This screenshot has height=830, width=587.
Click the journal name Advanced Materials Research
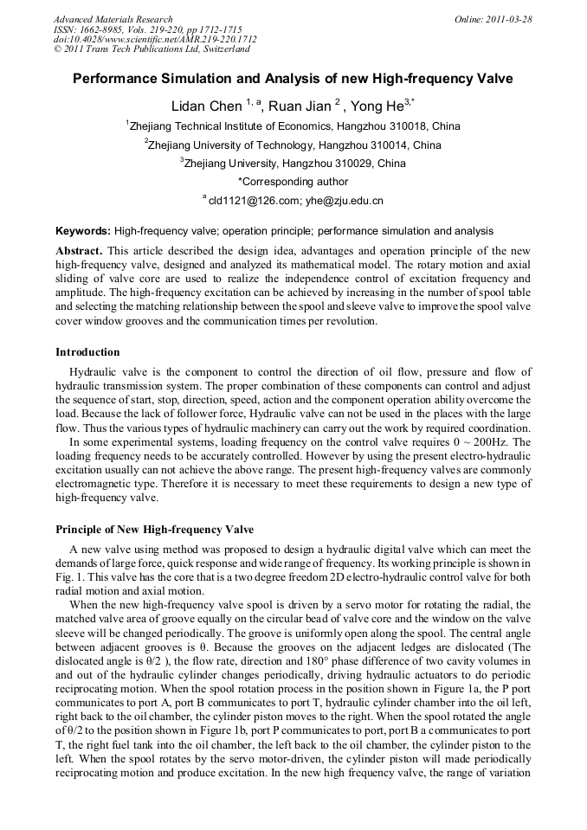[x=113, y=19]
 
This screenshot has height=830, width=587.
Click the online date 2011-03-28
[x=506, y=19]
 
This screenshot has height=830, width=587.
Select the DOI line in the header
[x=154, y=40]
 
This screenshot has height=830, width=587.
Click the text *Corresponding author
[x=293, y=182]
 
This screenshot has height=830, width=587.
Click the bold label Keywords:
[x=83, y=231]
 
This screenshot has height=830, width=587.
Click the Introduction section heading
[x=87, y=352]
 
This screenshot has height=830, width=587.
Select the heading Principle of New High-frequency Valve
[x=154, y=529]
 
